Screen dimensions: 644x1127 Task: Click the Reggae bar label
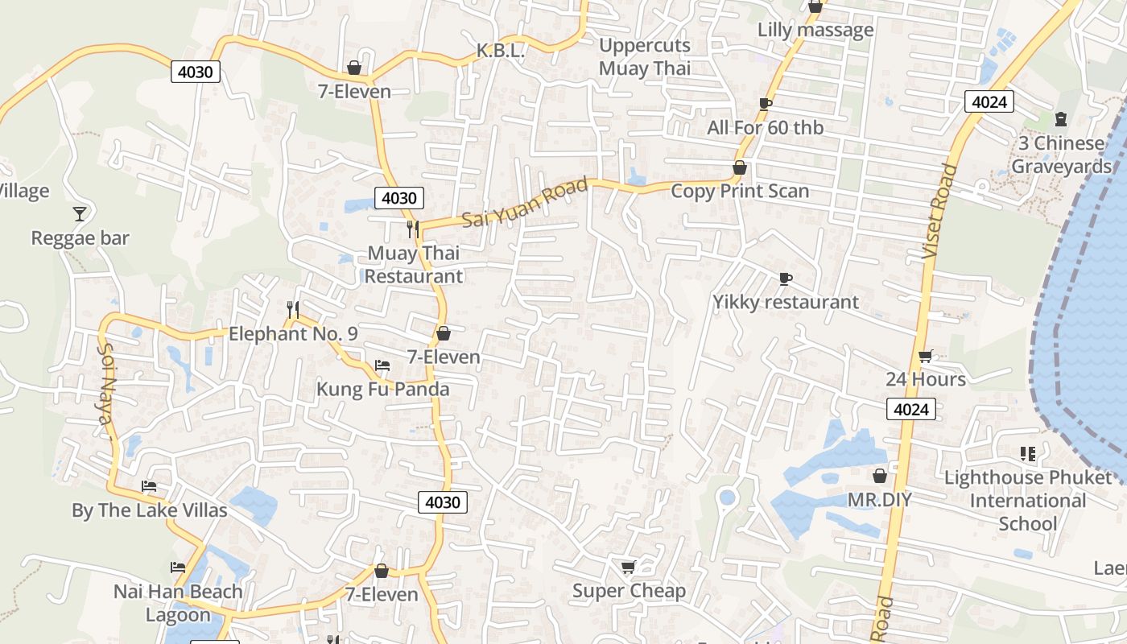click(x=80, y=238)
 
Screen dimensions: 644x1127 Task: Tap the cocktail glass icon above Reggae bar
click(x=80, y=213)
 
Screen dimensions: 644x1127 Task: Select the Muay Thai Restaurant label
click(x=414, y=265)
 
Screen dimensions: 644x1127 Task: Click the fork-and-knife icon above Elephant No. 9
click(x=293, y=309)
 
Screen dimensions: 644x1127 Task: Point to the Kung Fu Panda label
click(x=382, y=390)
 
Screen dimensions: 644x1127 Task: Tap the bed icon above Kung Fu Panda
click(x=382, y=365)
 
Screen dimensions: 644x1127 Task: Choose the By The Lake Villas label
click(x=149, y=510)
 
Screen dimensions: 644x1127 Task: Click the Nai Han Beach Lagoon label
click(x=177, y=603)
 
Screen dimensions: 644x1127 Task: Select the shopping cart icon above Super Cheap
click(x=629, y=568)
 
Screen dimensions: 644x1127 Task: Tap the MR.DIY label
click(x=879, y=500)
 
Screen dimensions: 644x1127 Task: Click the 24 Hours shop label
click(x=926, y=379)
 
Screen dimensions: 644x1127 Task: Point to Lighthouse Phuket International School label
click(x=1027, y=501)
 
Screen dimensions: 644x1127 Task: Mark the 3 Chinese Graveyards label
click(x=1061, y=155)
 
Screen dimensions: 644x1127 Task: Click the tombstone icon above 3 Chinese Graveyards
click(x=1061, y=119)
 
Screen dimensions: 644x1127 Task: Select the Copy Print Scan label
click(x=739, y=192)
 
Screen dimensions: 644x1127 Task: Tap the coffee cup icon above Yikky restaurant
click(x=785, y=279)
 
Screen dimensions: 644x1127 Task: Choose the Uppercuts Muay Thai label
click(x=644, y=57)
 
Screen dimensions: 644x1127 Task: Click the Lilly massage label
click(x=815, y=31)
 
